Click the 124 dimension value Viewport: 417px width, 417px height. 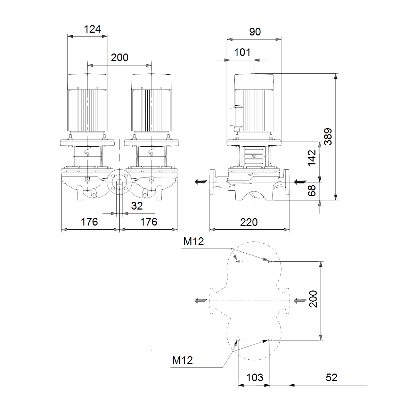click(x=92, y=29)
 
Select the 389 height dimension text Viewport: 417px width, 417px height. click(x=328, y=137)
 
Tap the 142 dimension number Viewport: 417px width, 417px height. click(x=312, y=158)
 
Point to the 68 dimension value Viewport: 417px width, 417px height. click(x=312, y=191)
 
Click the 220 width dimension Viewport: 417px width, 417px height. click(x=249, y=222)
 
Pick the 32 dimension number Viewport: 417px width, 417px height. click(x=137, y=206)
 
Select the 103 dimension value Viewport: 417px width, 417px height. click(x=255, y=378)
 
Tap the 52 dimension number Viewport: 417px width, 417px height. click(x=331, y=378)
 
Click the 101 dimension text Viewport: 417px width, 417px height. click(x=242, y=52)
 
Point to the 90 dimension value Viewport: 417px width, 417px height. click(x=255, y=32)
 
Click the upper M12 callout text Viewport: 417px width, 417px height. click(x=194, y=241)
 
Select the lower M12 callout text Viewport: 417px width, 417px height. click(x=182, y=360)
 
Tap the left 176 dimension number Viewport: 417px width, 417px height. click(x=89, y=222)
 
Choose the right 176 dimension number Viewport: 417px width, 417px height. click(x=149, y=222)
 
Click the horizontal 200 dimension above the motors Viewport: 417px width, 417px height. click(x=120, y=58)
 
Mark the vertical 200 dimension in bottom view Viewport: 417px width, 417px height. click(x=313, y=299)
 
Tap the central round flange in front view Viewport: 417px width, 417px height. click(x=119, y=182)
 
